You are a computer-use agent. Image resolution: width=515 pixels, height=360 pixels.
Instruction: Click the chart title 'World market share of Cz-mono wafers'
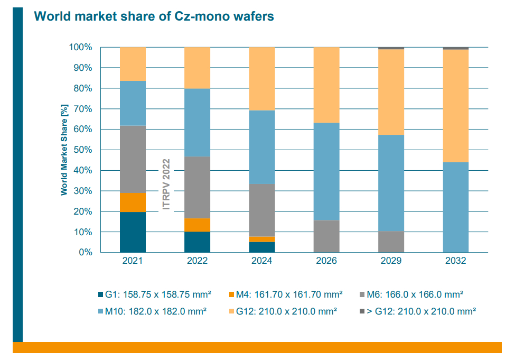click(x=154, y=16)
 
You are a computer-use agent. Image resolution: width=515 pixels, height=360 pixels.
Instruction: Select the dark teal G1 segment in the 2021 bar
click(x=133, y=232)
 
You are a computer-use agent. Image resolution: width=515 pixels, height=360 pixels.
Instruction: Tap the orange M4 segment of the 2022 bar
click(x=197, y=225)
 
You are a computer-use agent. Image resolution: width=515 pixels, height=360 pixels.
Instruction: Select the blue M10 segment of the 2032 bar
click(x=455, y=207)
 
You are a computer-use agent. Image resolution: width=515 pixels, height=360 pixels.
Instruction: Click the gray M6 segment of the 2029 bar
click(x=391, y=242)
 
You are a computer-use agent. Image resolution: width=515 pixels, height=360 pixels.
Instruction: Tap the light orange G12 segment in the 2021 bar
click(x=133, y=64)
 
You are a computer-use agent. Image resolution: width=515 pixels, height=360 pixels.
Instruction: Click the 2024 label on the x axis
click(x=261, y=261)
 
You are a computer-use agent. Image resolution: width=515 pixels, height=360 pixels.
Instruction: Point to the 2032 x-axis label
click(x=455, y=261)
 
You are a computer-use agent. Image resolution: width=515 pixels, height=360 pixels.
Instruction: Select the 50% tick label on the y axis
click(x=82, y=150)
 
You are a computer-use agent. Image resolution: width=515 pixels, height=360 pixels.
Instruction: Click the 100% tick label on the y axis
click(x=80, y=48)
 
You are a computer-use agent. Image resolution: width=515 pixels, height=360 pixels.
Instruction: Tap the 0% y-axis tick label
click(x=86, y=253)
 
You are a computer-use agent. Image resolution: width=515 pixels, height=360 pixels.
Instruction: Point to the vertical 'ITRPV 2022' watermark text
click(x=166, y=184)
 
